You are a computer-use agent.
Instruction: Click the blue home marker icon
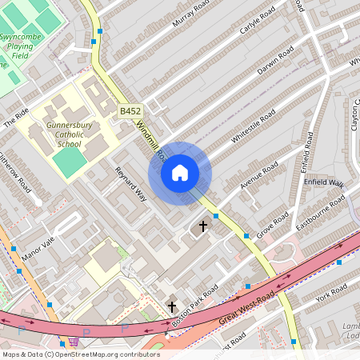tap(180, 173)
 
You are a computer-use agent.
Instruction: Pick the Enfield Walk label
tap(323, 183)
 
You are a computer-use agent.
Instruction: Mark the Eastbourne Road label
tap(321, 209)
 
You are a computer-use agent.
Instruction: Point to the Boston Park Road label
tap(194, 303)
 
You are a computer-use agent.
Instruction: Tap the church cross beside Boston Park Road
tap(172, 306)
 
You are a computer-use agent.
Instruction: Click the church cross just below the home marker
tap(203, 226)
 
